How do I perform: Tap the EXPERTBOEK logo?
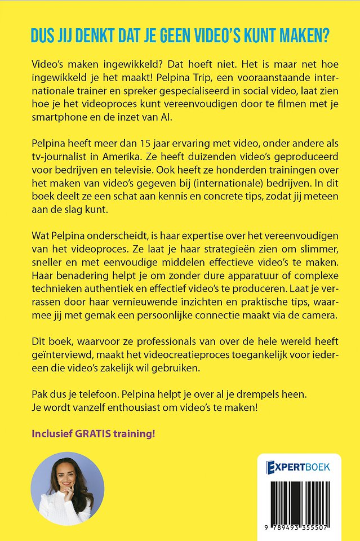click(298, 467)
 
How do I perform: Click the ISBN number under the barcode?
click(298, 530)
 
